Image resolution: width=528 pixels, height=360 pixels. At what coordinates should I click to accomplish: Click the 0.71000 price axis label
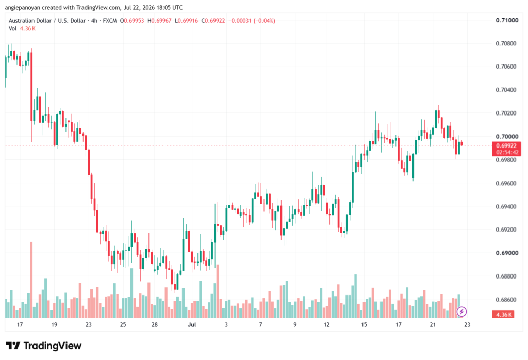tap(507, 20)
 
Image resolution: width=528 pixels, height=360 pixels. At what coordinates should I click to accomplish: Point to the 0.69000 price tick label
tap(507, 253)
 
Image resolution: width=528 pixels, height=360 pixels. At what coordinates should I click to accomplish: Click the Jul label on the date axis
tap(192, 324)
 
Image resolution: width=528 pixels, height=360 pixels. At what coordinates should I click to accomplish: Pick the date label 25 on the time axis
tap(123, 324)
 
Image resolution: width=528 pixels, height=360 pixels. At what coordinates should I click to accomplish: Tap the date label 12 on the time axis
tap(326, 324)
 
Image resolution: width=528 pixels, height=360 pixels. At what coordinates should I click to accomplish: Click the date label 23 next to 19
tap(89, 324)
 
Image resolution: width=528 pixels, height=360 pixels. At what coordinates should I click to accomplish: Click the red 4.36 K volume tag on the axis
tap(503, 315)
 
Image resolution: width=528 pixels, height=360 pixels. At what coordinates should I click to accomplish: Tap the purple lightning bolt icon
tap(461, 312)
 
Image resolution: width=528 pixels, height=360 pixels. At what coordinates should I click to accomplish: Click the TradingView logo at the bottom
tap(44, 346)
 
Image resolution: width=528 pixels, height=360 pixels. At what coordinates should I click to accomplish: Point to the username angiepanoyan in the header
tap(22, 7)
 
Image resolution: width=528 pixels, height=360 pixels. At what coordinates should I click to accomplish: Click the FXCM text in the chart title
tap(110, 21)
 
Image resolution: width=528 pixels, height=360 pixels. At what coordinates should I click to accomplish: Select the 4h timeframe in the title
tap(94, 21)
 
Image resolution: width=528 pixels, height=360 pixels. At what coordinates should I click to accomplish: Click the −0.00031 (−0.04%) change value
tap(252, 21)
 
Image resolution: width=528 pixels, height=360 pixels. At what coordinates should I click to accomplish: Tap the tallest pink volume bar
tap(31, 280)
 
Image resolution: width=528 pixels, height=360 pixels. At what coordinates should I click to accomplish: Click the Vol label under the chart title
tap(12, 29)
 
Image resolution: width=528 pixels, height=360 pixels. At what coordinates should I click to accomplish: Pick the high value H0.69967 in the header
tap(159, 21)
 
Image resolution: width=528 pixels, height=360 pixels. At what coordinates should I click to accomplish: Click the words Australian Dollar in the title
tap(30, 21)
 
